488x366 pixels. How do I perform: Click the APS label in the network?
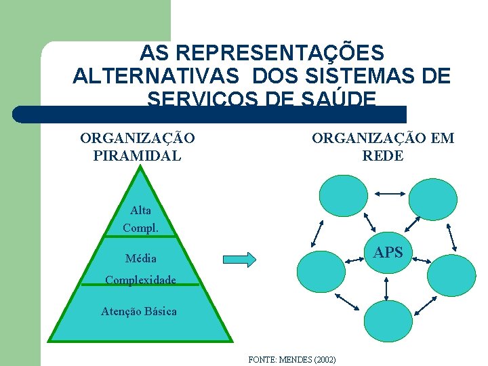[388, 253]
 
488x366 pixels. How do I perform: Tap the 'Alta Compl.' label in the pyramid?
[140, 219]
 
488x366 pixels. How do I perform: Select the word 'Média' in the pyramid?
[141, 258]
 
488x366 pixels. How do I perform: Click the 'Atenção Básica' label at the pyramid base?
[139, 311]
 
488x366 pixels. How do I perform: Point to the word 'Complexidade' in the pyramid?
[141, 280]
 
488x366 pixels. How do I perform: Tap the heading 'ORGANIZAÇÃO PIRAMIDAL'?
[138, 146]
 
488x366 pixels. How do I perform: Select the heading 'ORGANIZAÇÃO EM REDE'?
[383, 146]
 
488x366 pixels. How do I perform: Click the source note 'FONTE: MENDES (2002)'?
[292, 359]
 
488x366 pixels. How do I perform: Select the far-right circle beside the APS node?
[450, 271]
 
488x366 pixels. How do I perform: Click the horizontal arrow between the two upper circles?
[388, 194]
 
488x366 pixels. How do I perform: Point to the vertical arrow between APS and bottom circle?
[386, 289]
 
